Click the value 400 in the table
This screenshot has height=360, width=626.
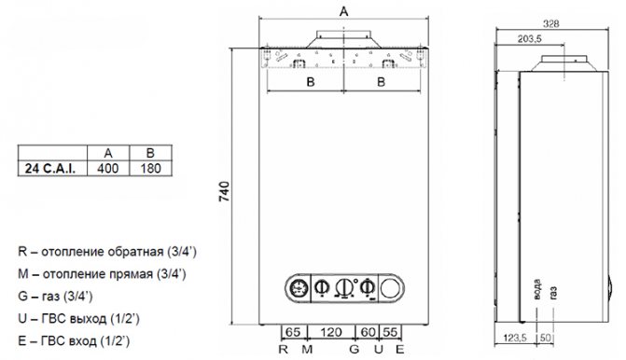[x=108, y=169]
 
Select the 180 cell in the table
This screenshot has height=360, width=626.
[x=150, y=169]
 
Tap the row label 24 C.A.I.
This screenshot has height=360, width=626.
[x=49, y=169]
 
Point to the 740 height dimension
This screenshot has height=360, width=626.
[x=225, y=191]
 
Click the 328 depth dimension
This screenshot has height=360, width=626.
[x=551, y=24]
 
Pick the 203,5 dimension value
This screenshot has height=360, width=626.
[x=529, y=39]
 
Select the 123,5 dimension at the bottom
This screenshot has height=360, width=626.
[x=515, y=338]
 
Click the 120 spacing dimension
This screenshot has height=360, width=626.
[x=331, y=332]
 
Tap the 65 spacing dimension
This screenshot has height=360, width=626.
[x=293, y=332]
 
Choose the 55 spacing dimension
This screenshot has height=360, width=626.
[x=391, y=332]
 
